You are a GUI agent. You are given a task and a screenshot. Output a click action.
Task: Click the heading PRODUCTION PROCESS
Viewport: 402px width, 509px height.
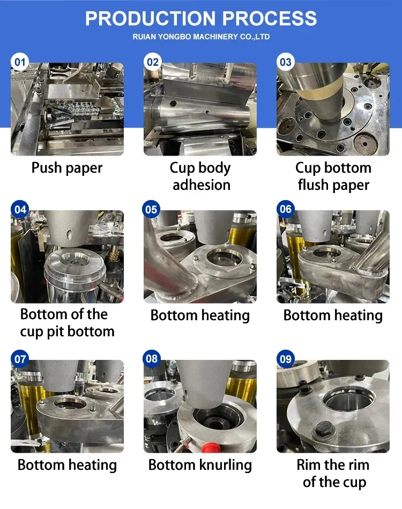[201, 18]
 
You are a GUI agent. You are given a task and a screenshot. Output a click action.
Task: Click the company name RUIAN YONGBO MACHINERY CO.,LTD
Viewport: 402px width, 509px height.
[201, 36]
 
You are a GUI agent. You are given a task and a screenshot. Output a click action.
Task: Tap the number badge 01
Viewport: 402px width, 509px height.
[20, 62]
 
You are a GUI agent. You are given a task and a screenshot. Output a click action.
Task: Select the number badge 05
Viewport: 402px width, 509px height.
[151, 209]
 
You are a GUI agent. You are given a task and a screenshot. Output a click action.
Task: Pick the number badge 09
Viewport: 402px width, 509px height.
[286, 359]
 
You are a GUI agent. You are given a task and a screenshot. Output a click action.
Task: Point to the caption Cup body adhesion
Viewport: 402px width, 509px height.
[200, 176]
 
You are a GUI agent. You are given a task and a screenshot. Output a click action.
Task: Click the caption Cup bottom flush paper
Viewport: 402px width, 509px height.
[333, 176]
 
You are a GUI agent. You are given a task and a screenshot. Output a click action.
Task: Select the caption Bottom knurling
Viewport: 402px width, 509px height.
[200, 465]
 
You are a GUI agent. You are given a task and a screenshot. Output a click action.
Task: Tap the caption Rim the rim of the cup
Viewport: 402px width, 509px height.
[333, 474]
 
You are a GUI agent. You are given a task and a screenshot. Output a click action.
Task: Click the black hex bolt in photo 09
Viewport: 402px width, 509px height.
[322, 429]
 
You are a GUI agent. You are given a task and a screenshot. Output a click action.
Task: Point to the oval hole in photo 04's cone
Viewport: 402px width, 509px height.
[70, 234]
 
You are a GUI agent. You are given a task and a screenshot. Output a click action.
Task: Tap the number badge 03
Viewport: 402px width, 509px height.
[286, 62]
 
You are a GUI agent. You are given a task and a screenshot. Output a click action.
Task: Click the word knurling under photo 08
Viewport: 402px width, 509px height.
[226, 466]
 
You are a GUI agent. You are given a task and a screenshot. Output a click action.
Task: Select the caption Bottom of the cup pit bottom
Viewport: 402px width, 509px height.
[67, 323]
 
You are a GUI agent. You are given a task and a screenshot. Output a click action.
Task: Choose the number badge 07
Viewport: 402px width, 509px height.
[20, 359]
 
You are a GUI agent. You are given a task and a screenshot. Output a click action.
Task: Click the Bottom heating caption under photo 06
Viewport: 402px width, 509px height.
[333, 315]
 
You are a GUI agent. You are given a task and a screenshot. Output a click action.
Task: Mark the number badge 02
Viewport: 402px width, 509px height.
[153, 62]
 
